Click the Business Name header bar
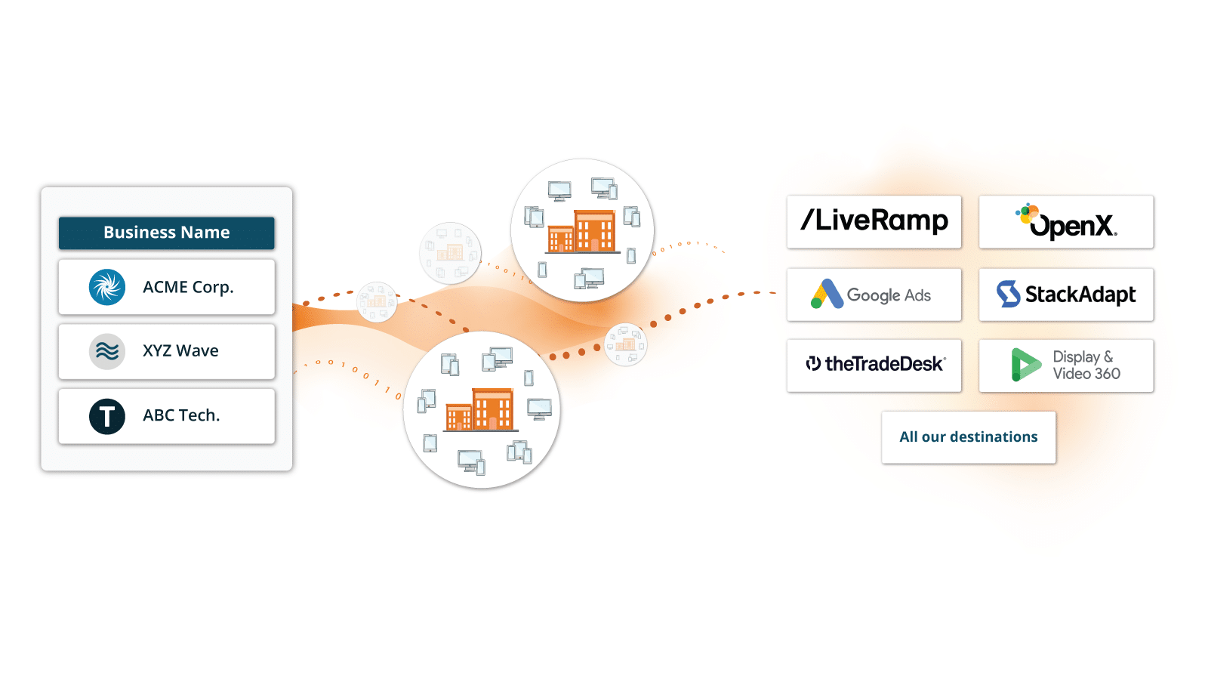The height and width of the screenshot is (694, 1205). [x=167, y=233]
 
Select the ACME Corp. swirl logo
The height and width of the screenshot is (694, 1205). [x=107, y=287]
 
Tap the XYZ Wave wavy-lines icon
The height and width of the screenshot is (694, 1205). [x=107, y=351]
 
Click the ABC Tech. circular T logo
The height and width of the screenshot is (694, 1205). [x=107, y=416]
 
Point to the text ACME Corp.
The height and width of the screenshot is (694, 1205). [x=188, y=287]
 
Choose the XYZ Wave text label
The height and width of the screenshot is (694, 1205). [x=180, y=350]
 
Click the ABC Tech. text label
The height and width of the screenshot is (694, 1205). [x=181, y=415]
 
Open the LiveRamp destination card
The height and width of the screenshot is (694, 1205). [x=874, y=222]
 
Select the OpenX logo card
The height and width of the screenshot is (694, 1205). [x=1066, y=222]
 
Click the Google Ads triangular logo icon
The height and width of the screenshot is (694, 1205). [x=827, y=294]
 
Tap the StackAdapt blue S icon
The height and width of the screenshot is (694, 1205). [x=1008, y=294]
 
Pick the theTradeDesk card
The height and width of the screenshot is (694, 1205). [x=874, y=366]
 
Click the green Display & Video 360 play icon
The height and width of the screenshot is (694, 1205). [x=1025, y=365]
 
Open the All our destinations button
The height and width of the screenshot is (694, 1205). [x=969, y=436]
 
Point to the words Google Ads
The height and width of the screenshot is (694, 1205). [x=889, y=295]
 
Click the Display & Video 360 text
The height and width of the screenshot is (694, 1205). [x=1086, y=366]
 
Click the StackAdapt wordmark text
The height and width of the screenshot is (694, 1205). [x=1080, y=295]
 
